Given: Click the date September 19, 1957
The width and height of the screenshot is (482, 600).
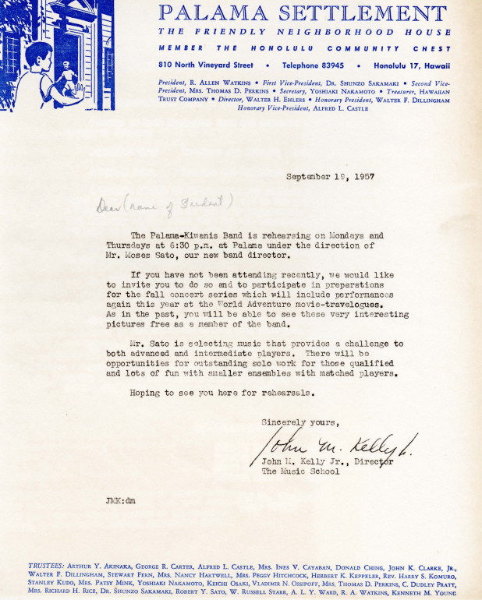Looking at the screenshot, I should [330, 177].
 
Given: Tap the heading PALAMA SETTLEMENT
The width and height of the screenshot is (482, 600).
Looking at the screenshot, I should [303, 13].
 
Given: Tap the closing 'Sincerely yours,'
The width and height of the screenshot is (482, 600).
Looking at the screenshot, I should [300, 422].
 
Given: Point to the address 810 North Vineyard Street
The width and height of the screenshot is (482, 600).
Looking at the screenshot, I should [205, 65].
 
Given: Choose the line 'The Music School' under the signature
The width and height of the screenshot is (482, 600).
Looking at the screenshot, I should [300, 471].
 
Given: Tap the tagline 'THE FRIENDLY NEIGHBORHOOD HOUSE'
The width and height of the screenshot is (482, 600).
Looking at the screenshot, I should [303, 33].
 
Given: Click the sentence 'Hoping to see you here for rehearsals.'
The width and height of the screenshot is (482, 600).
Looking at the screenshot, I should [222, 393].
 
